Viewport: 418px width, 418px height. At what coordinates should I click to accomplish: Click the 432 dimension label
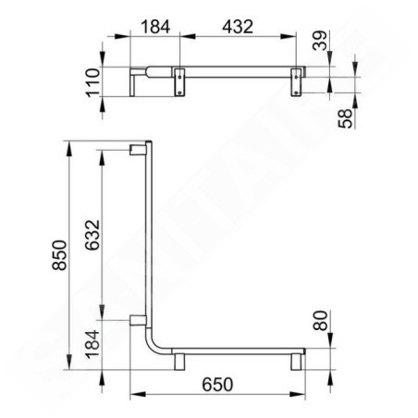tap(238, 27)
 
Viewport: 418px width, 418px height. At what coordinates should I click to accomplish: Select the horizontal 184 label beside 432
tap(155, 27)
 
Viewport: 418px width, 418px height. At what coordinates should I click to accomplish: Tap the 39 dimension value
tap(320, 40)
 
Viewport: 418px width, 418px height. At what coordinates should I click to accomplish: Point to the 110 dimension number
tap(93, 82)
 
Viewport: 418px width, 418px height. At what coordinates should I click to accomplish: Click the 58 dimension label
tap(345, 118)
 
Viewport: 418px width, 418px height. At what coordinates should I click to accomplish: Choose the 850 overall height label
tap(59, 255)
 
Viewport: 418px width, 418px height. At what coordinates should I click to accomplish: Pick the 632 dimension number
tap(92, 235)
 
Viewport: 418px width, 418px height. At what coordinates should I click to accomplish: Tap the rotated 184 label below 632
tap(92, 344)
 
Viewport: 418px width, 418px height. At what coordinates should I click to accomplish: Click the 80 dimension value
tap(320, 321)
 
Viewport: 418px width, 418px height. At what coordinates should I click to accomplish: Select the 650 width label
tap(217, 385)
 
